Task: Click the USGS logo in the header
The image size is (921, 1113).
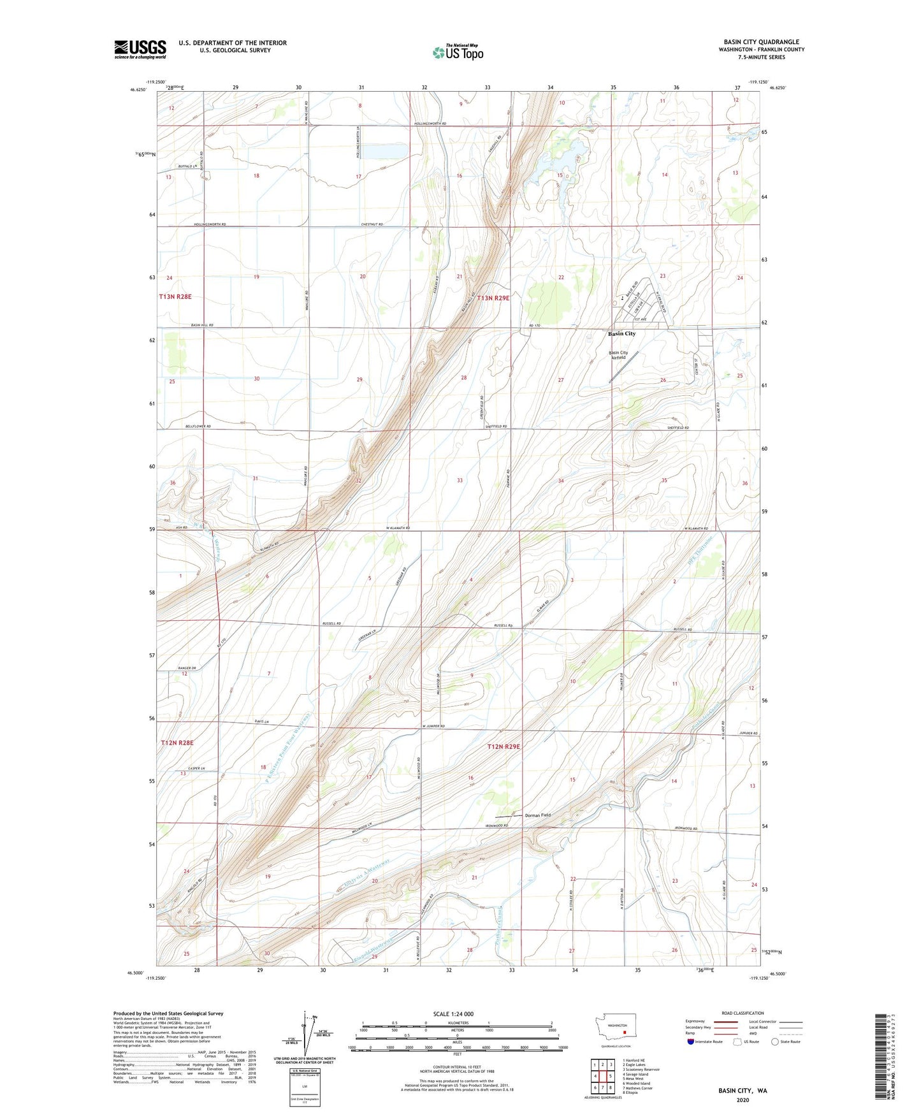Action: click(140, 49)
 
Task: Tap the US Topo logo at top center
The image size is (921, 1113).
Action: click(458, 52)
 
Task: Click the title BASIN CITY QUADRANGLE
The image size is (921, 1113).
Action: click(761, 42)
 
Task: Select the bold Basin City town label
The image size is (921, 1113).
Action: click(621, 333)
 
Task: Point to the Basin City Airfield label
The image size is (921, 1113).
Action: click(618, 355)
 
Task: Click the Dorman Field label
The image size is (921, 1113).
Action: click(538, 815)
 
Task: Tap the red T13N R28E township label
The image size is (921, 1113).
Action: click(175, 297)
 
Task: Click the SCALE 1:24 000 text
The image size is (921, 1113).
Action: click(453, 1014)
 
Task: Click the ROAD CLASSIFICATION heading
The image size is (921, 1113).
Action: click(743, 1013)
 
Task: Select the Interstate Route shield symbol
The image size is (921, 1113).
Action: click(691, 1042)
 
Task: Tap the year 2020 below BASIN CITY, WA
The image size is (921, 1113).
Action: click(743, 1100)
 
